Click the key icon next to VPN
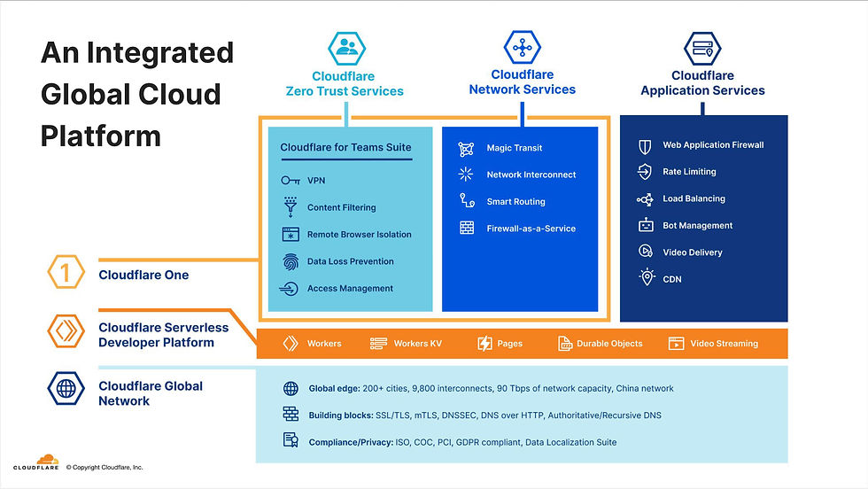[291, 181]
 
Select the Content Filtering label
[342, 207]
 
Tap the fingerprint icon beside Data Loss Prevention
[291, 261]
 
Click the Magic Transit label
[515, 148]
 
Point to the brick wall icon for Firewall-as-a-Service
[467, 229]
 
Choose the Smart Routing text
[515, 202]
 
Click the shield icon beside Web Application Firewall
[645, 146]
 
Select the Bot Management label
[698, 225]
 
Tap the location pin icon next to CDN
[646, 277]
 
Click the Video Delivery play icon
[645, 251]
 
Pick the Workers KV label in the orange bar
[418, 344]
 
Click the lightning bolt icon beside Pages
[484, 344]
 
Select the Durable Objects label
[609, 344]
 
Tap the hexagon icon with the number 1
[66, 272]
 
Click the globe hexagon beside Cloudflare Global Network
[66, 388]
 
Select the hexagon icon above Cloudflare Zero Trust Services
[346, 48]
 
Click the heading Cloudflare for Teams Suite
[345, 147]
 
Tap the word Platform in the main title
[101, 136]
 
